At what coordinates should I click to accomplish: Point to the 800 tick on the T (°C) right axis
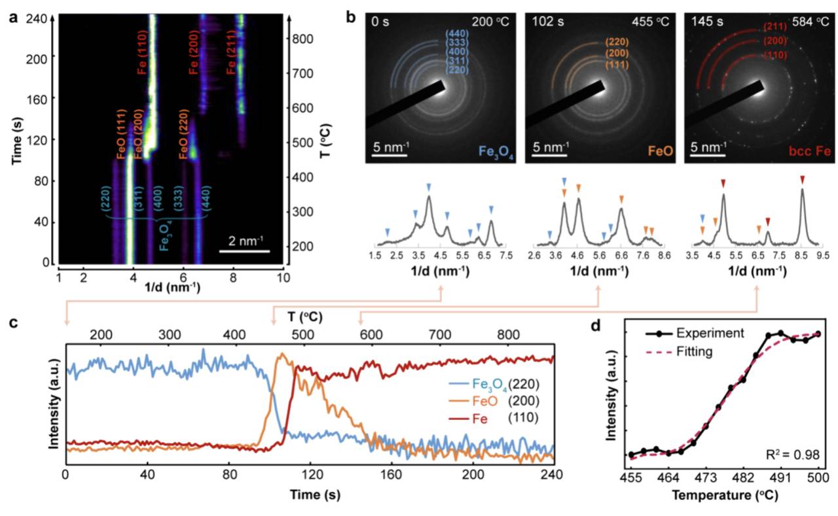299,39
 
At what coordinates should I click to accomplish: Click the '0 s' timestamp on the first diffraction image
382,22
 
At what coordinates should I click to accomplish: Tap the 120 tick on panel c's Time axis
308,478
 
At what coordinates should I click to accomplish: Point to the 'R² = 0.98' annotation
791,453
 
